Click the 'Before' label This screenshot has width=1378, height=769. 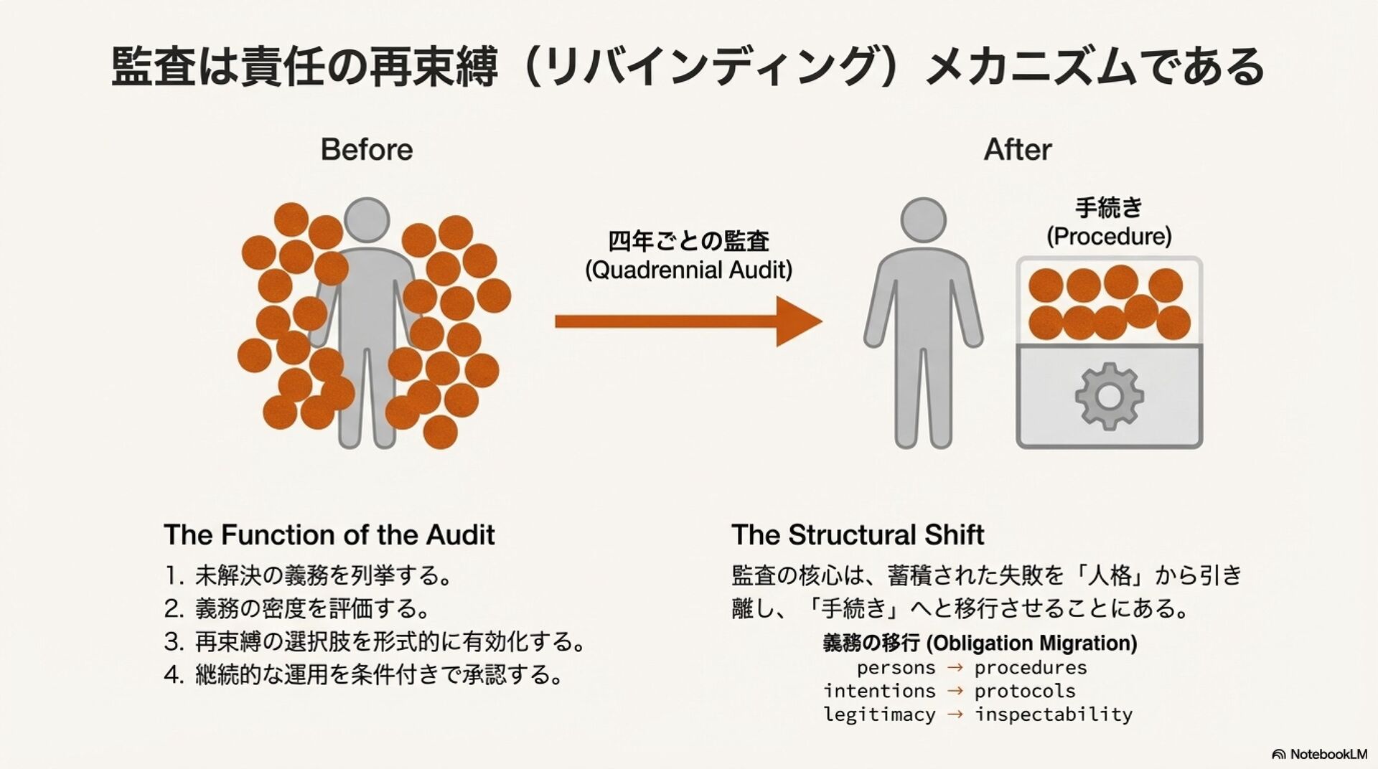point(366,150)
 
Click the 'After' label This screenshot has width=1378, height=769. point(1017,150)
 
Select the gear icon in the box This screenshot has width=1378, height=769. point(1109,396)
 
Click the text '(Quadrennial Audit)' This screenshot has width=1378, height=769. point(688,270)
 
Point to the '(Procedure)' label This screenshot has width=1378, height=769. point(1108,236)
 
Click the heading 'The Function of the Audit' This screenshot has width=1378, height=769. point(329,535)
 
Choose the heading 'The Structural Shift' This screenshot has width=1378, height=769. point(857,535)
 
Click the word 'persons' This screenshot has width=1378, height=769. point(896,668)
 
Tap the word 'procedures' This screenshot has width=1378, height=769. point(1030,668)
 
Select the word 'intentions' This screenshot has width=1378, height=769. point(879,691)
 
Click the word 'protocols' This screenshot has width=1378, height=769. point(1024,691)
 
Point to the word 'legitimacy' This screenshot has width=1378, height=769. point(879,714)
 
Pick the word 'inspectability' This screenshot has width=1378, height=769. point(1053,714)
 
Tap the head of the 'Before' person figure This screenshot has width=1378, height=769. point(367,220)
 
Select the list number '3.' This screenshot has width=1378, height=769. point(174,641)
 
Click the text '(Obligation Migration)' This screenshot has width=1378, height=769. point(1031,643)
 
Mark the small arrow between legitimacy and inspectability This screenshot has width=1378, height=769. point(955,714)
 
